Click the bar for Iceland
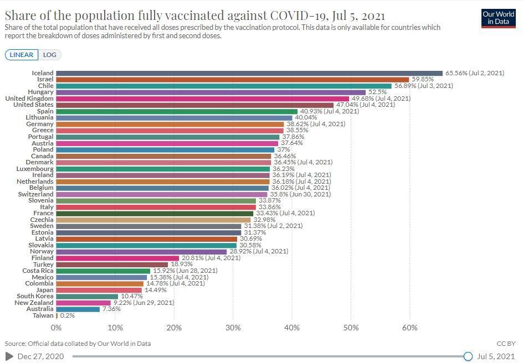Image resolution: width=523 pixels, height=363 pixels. tap(249, 73)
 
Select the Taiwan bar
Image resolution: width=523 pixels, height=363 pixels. tap(57, 315)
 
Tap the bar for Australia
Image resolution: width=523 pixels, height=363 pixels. tap(78, 309)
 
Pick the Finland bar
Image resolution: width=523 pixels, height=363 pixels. tap(117, 258)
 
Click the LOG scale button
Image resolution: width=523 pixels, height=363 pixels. tap(50, 55)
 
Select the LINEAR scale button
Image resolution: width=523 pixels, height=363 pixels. tap(22, 55)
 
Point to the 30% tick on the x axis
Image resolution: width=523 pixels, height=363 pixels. tap(233, 328)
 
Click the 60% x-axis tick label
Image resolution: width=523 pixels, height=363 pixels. tap(409, 328)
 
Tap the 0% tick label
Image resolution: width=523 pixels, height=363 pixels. tap(56, 328)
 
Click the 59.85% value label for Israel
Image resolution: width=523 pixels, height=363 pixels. tap(423, 79)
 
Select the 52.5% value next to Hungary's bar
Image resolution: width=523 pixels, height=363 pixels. tap(378, 92)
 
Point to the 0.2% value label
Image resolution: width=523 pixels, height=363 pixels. tap(68, 315)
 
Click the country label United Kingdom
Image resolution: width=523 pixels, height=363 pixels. tap(29, 98)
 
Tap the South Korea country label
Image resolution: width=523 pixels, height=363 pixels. tap(35, 296)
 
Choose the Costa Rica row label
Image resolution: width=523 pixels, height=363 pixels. tap(38, 271)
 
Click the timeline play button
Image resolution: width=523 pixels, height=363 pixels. tap(9, 356)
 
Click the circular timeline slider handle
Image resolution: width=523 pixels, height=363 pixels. tap(468, 356)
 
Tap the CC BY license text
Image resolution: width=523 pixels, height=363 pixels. tap(506, 343)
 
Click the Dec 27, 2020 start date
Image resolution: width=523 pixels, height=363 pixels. tap(40, 356)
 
